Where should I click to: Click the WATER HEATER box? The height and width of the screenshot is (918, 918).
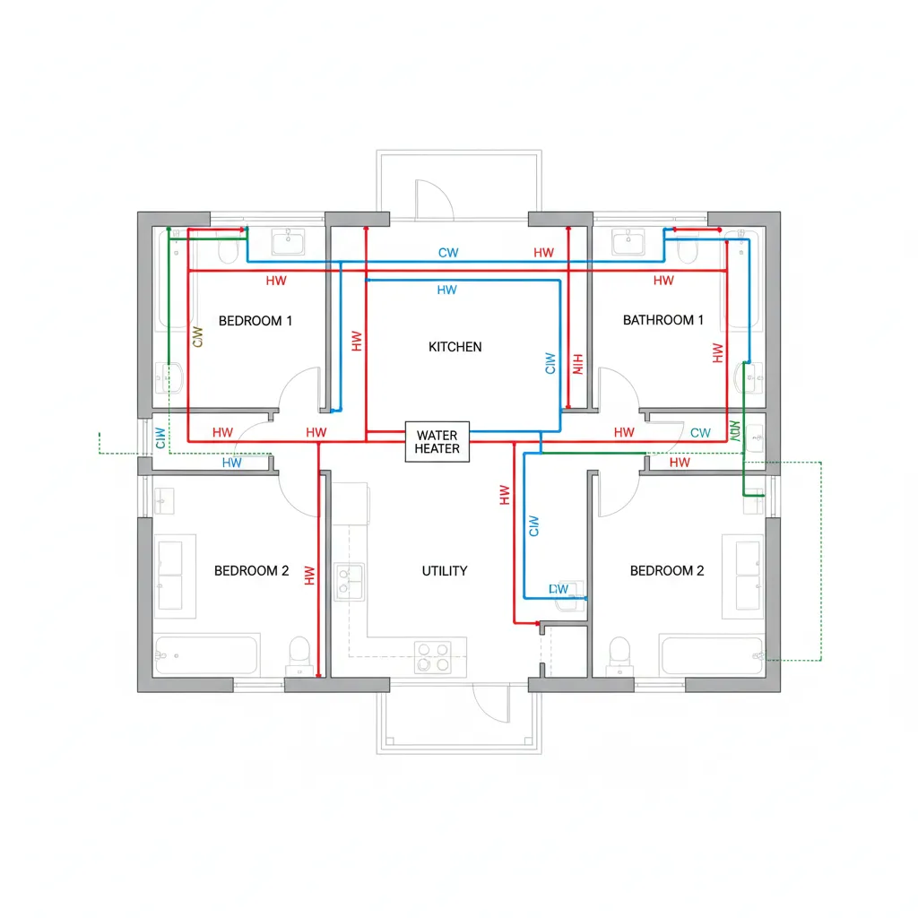[437, 442]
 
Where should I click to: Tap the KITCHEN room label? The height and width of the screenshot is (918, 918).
[455, 347]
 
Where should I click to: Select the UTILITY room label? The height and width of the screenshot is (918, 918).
[445, 571]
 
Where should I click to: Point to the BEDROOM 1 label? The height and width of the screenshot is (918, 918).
[255, 320]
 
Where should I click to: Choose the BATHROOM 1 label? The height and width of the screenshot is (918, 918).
[663, 320]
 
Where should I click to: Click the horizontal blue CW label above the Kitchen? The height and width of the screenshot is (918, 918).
[448, 253]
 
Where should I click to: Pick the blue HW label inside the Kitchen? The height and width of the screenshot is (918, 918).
[446, 290]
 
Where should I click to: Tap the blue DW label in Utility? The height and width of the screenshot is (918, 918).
[559, 589]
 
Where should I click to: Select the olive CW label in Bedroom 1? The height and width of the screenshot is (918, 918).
[198, 336]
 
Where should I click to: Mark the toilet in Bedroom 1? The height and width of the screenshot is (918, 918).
[227, 247]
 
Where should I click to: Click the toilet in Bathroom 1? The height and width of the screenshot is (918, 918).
[688, 248]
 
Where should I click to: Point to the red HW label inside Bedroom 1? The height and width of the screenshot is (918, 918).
[276, 281]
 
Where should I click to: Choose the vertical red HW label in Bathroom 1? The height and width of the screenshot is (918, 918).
[716, 353]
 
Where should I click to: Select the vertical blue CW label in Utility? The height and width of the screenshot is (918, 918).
[535, 526]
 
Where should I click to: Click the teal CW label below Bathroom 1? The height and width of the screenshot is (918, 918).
[700, 433]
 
